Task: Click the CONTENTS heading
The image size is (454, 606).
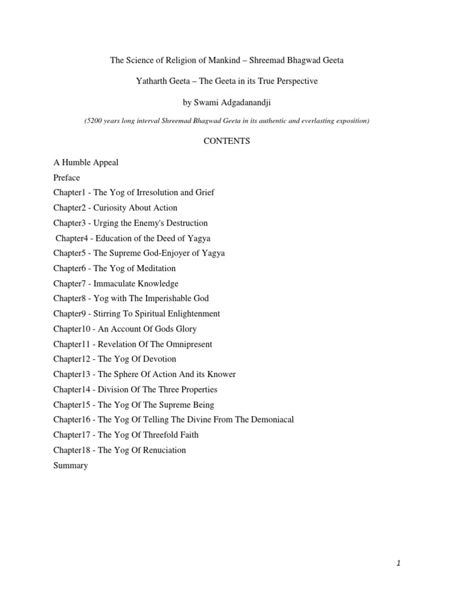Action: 227,141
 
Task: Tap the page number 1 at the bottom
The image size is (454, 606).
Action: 399,563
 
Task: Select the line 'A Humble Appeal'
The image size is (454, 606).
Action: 86,162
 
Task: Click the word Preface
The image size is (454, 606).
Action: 66,178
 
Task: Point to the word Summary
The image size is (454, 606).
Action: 70,466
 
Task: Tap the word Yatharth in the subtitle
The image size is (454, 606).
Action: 152,81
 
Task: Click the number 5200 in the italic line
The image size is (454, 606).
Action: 96,121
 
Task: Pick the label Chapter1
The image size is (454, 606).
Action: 70,193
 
